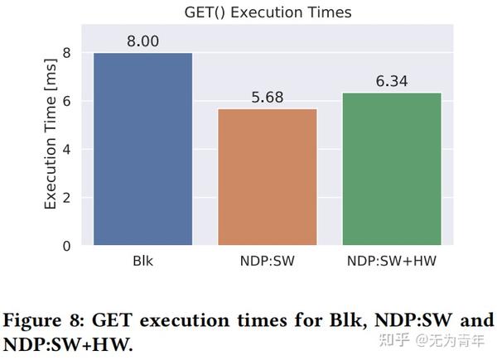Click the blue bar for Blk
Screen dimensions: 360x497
143,149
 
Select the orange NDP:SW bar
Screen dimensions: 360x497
267,177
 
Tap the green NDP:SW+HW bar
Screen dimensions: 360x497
392,169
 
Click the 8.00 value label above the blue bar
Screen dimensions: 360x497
143,40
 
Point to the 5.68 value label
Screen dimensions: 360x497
267,96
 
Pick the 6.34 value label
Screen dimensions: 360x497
392,80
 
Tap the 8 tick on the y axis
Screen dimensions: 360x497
66,53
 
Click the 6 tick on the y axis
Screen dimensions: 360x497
66,102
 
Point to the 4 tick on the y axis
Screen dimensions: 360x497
66,150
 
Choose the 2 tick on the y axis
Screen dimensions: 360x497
66,198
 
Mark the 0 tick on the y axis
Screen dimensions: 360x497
66,246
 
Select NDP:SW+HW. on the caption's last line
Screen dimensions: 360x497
67,343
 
